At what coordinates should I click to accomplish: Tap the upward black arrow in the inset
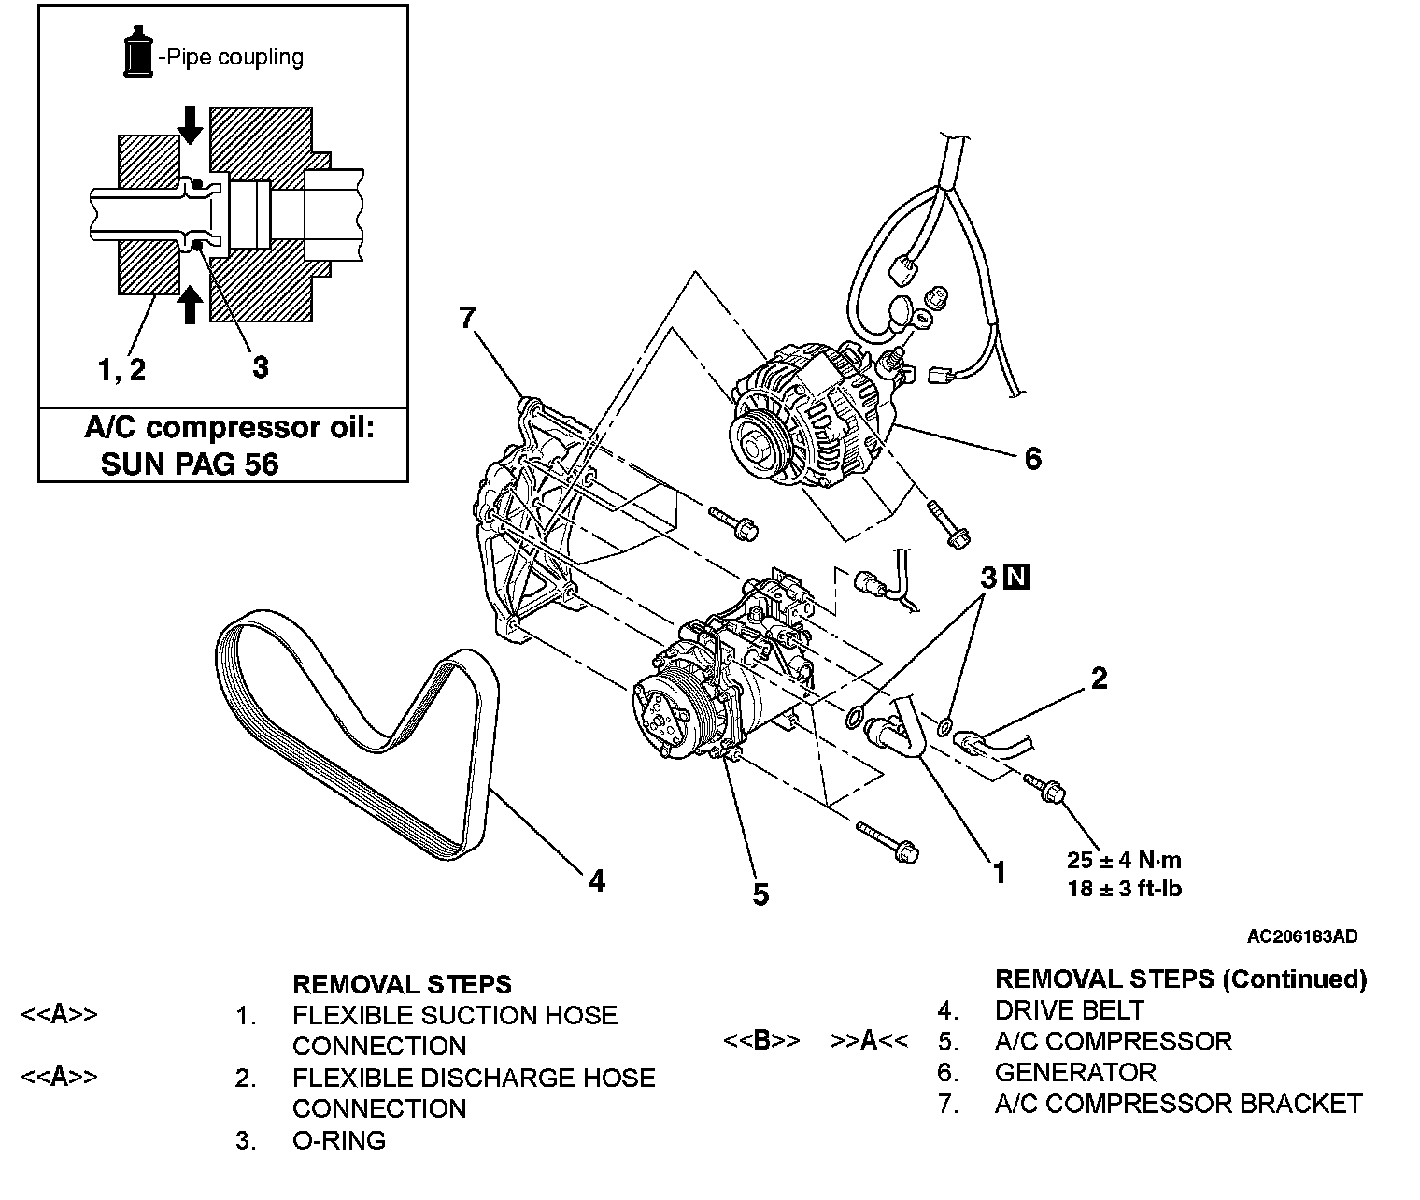click(190, 303)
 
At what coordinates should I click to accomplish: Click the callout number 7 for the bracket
click(467, 319)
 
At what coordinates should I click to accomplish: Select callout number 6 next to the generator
click(1032, 458)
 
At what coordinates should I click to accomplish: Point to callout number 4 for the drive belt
click(596, 880)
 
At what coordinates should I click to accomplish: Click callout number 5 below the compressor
click(760, 894)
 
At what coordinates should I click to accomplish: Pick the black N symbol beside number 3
click(1016, 578)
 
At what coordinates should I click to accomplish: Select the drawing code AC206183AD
click(1302, 936)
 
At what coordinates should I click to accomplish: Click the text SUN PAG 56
click(190, 464)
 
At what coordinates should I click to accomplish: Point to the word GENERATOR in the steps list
click(1075, 1072)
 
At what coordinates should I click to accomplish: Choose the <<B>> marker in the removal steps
click(761, 1041)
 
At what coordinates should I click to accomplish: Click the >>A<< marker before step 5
click(869, 1041)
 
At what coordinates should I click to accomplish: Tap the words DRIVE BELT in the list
click(1070, 1010)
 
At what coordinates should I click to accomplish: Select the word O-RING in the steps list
click(339, 1140)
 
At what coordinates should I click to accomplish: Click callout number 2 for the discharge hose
click(1099, 679)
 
